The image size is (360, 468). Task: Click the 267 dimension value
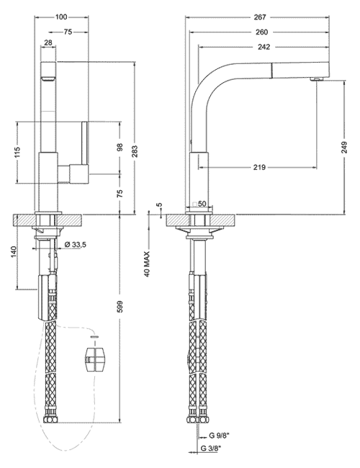(260, 17)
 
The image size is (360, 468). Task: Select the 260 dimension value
(262, 32)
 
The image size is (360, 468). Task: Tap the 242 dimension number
(264, 47)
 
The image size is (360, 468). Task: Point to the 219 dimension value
(259, 167)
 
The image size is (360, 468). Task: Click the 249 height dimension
(344, 148)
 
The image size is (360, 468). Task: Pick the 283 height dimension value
(135, 151)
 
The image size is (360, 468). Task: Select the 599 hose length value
(120, 307)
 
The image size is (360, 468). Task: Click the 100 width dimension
(61, 17)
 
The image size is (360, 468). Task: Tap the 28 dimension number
(48, 42)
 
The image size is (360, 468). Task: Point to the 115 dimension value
(17, 152)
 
